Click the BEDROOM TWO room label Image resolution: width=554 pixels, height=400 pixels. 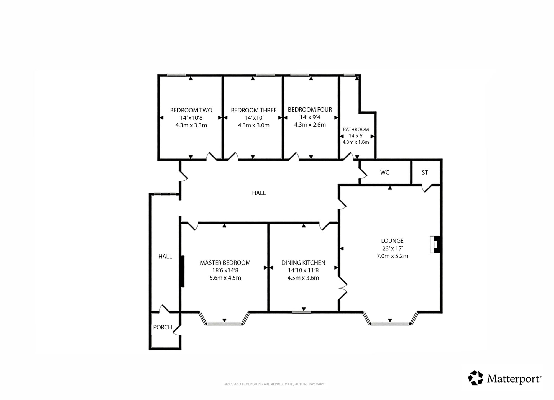click(191, 110)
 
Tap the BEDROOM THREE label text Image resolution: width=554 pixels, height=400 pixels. click(254, 110)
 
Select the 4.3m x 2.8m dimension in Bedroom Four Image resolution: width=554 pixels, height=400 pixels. click(310, 125)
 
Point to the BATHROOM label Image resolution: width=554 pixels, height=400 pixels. click(356, 129)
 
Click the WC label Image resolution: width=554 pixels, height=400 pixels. click(385, 172)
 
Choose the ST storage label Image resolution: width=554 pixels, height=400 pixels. click(425, 173)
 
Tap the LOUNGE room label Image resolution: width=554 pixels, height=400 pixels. click(392, 241)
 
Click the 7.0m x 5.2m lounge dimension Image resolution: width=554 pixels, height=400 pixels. click(392, 256)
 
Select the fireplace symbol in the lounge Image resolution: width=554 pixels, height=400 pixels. click(435, 244)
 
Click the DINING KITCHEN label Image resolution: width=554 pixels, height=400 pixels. click(303, 263)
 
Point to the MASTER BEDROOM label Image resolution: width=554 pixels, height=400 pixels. click(225, 263)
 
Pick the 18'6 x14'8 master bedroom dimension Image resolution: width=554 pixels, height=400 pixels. click(225, 270)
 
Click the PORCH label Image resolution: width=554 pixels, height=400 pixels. click(163, 327)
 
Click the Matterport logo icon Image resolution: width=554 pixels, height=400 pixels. click(476, 378)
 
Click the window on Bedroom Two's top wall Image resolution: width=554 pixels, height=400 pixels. click(176, 75)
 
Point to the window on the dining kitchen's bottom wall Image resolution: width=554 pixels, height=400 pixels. click(302, 312)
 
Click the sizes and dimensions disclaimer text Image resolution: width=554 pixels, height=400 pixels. click(274, 384)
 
